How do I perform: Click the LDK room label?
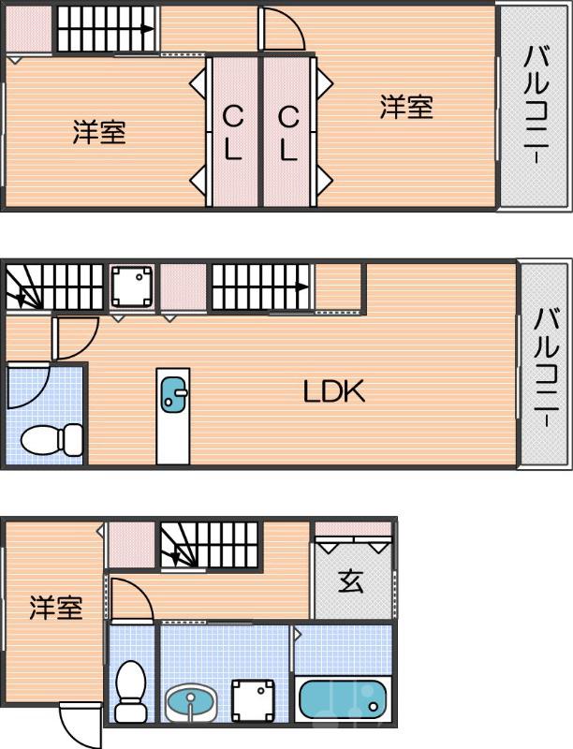point(333,391)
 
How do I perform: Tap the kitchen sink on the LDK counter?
point(174,394)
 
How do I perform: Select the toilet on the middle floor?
point(52,438)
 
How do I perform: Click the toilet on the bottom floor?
point(131,689)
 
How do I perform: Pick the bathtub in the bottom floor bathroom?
point(342,699)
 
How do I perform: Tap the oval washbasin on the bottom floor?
point(192,700)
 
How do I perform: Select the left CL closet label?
point(233,132)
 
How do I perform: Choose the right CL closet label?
point(287,132)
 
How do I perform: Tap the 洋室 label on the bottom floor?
point(55,609)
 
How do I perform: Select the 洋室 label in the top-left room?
point(99,133)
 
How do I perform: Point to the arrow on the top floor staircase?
point(147,29)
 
